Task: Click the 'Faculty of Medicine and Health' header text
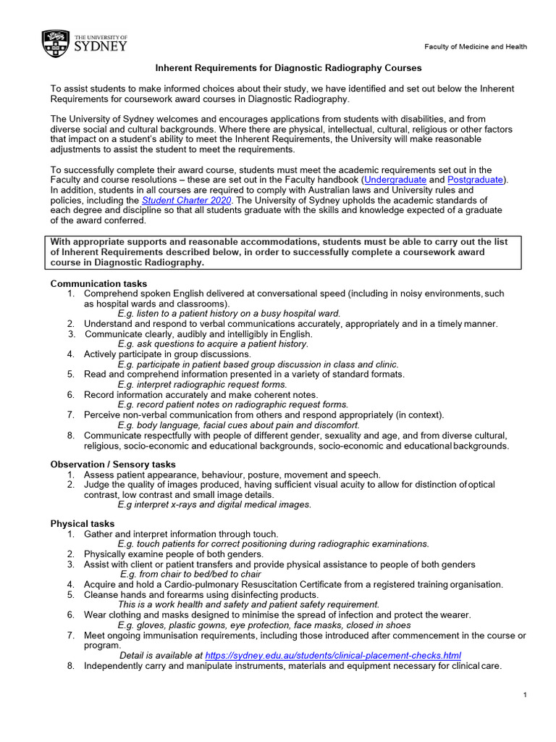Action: click(476, 47)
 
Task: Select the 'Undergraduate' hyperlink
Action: click(395, 179)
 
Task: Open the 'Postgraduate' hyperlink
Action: click(476, 179)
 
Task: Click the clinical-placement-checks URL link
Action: click(333, 656)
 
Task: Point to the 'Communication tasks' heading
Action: click(98, 283)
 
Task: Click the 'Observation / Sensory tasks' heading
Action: click(113, 464)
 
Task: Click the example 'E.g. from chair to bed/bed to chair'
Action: click(190, 574)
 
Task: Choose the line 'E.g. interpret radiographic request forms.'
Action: click(202, 384)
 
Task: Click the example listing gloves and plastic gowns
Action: click(264, 625)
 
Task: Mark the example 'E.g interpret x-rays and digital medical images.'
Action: click(214, 504)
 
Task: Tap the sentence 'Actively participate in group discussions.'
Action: click(167, 354)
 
